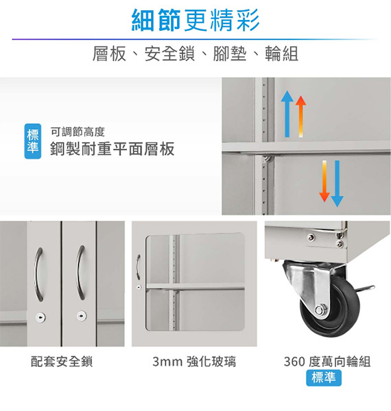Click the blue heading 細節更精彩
click(x=195, y=20)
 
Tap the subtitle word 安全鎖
click(x=169, y=54)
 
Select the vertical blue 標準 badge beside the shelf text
click(x=33, y=142)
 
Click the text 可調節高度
click(x=78, y=132)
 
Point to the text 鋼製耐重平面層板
click(x=112, y=149)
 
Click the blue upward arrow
click(x=287, y=114)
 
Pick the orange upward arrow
click(x=300, y=116)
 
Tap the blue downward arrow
click(x=337, y=184)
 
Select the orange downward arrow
click(x=324, y=181)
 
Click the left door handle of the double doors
click(x=38, y=274)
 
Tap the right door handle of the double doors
click(x=80, y=273)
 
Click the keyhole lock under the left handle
click(x=40, y=318)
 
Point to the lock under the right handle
click(x=82, y=316)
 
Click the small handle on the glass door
click(x=138, y=267)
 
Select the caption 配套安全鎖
click(x=62, y=362)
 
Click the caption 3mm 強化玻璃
click(x=194, y=362)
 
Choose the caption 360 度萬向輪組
click(x=327, y=362)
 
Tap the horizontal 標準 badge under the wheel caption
click(x=324, y=378)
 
